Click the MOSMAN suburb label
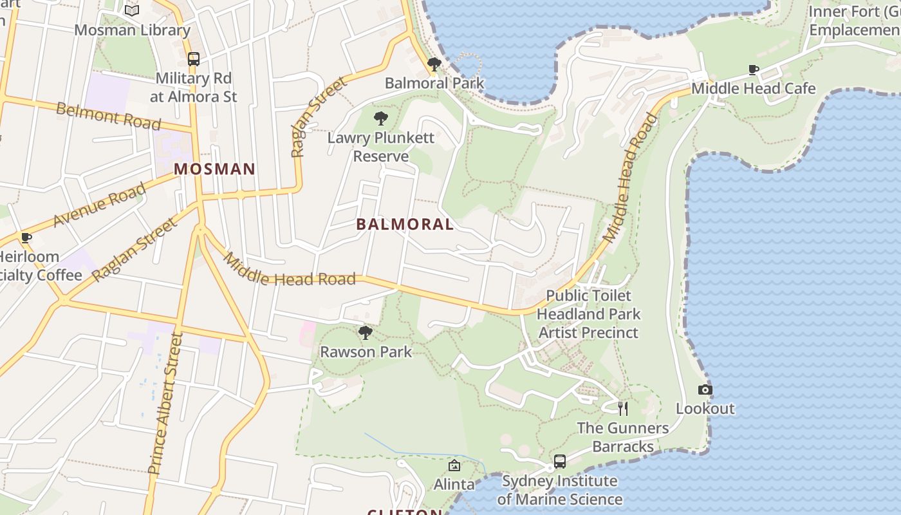tap(215, 169)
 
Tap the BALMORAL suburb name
tap(405, 224)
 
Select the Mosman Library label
tap(132, 30)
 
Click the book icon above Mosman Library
tap(132, 10)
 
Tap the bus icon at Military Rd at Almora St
tap(194, 59)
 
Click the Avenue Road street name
tap(99, 205)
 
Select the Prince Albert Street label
tap(165, 403)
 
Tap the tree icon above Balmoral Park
tap(434, 64)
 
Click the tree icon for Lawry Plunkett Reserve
tap(381, 118)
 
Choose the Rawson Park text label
tap(366, 352)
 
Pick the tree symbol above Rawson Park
tap(366, 333)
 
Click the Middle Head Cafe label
tap(754, 88)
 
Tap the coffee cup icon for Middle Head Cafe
tap(754, 70)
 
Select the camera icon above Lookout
tap(705, 389)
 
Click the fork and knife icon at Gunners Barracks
tap(622, 408)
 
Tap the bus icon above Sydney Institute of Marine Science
tap(560, 462)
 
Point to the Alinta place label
tap(454, 484)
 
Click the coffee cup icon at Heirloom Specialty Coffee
tap(26, 238)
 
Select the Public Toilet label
tap(589, 295)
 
